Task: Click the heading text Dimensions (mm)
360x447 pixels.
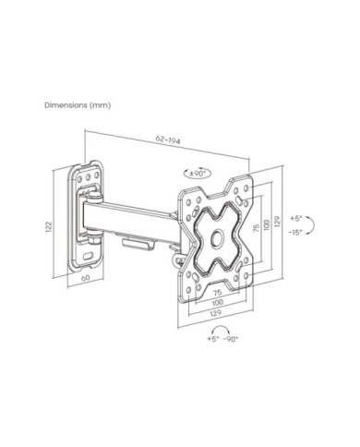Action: (78, 105)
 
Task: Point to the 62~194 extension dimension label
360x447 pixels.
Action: (168, 139)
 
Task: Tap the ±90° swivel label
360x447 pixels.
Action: (198, 174)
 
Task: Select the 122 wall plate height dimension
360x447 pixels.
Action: (49, 226)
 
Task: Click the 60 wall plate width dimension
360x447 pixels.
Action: (86, 278)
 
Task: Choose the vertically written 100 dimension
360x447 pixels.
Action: (267, 225)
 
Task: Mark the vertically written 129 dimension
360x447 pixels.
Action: (277, 222)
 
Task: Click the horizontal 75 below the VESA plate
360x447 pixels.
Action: (218, 292)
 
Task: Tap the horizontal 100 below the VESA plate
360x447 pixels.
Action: (218, 302)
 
